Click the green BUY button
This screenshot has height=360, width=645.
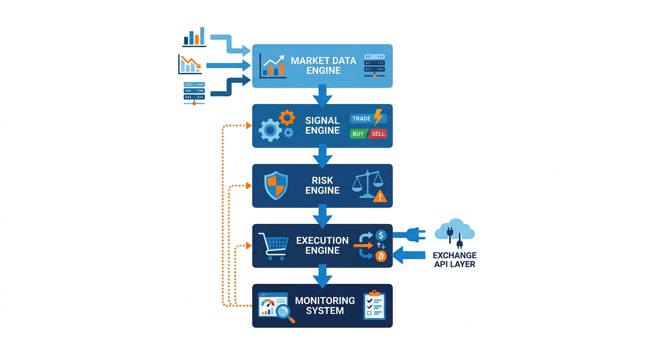pyautogui.click(x=359, y=134)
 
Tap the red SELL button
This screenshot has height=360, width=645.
pyautogui.click(x=377, y=134)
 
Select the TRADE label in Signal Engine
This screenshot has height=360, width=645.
pyautogui.click(x=361, y=119)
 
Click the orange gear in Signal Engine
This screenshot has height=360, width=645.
pyautogui.click(x=287, y=118)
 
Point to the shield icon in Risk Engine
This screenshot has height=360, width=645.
pyautogui.click(x=276, y=186)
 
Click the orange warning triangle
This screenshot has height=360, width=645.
pyautogui.click(x=380, y=196)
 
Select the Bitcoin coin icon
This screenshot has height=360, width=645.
pyautogui.click(x=381, y=256)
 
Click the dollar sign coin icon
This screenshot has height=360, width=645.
pyautogui.click(x=381, y=235)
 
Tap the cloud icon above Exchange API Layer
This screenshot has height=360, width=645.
pyautogui.click(x=455, y=229)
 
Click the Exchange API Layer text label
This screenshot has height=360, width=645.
pyautogui.click(x=455, y=260)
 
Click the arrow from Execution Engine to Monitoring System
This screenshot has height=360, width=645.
pyautogui.click(x=322, y=276)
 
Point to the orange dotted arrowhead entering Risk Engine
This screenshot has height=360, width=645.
pyautogui.click(x=249, y=186)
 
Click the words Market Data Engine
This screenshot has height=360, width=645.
pyautogui.click(x=323, y=66)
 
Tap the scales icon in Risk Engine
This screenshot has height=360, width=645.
pyautogui.click(x=367, y=184)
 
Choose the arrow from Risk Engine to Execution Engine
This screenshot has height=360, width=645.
pyautogui.click(x=322, y=216)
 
